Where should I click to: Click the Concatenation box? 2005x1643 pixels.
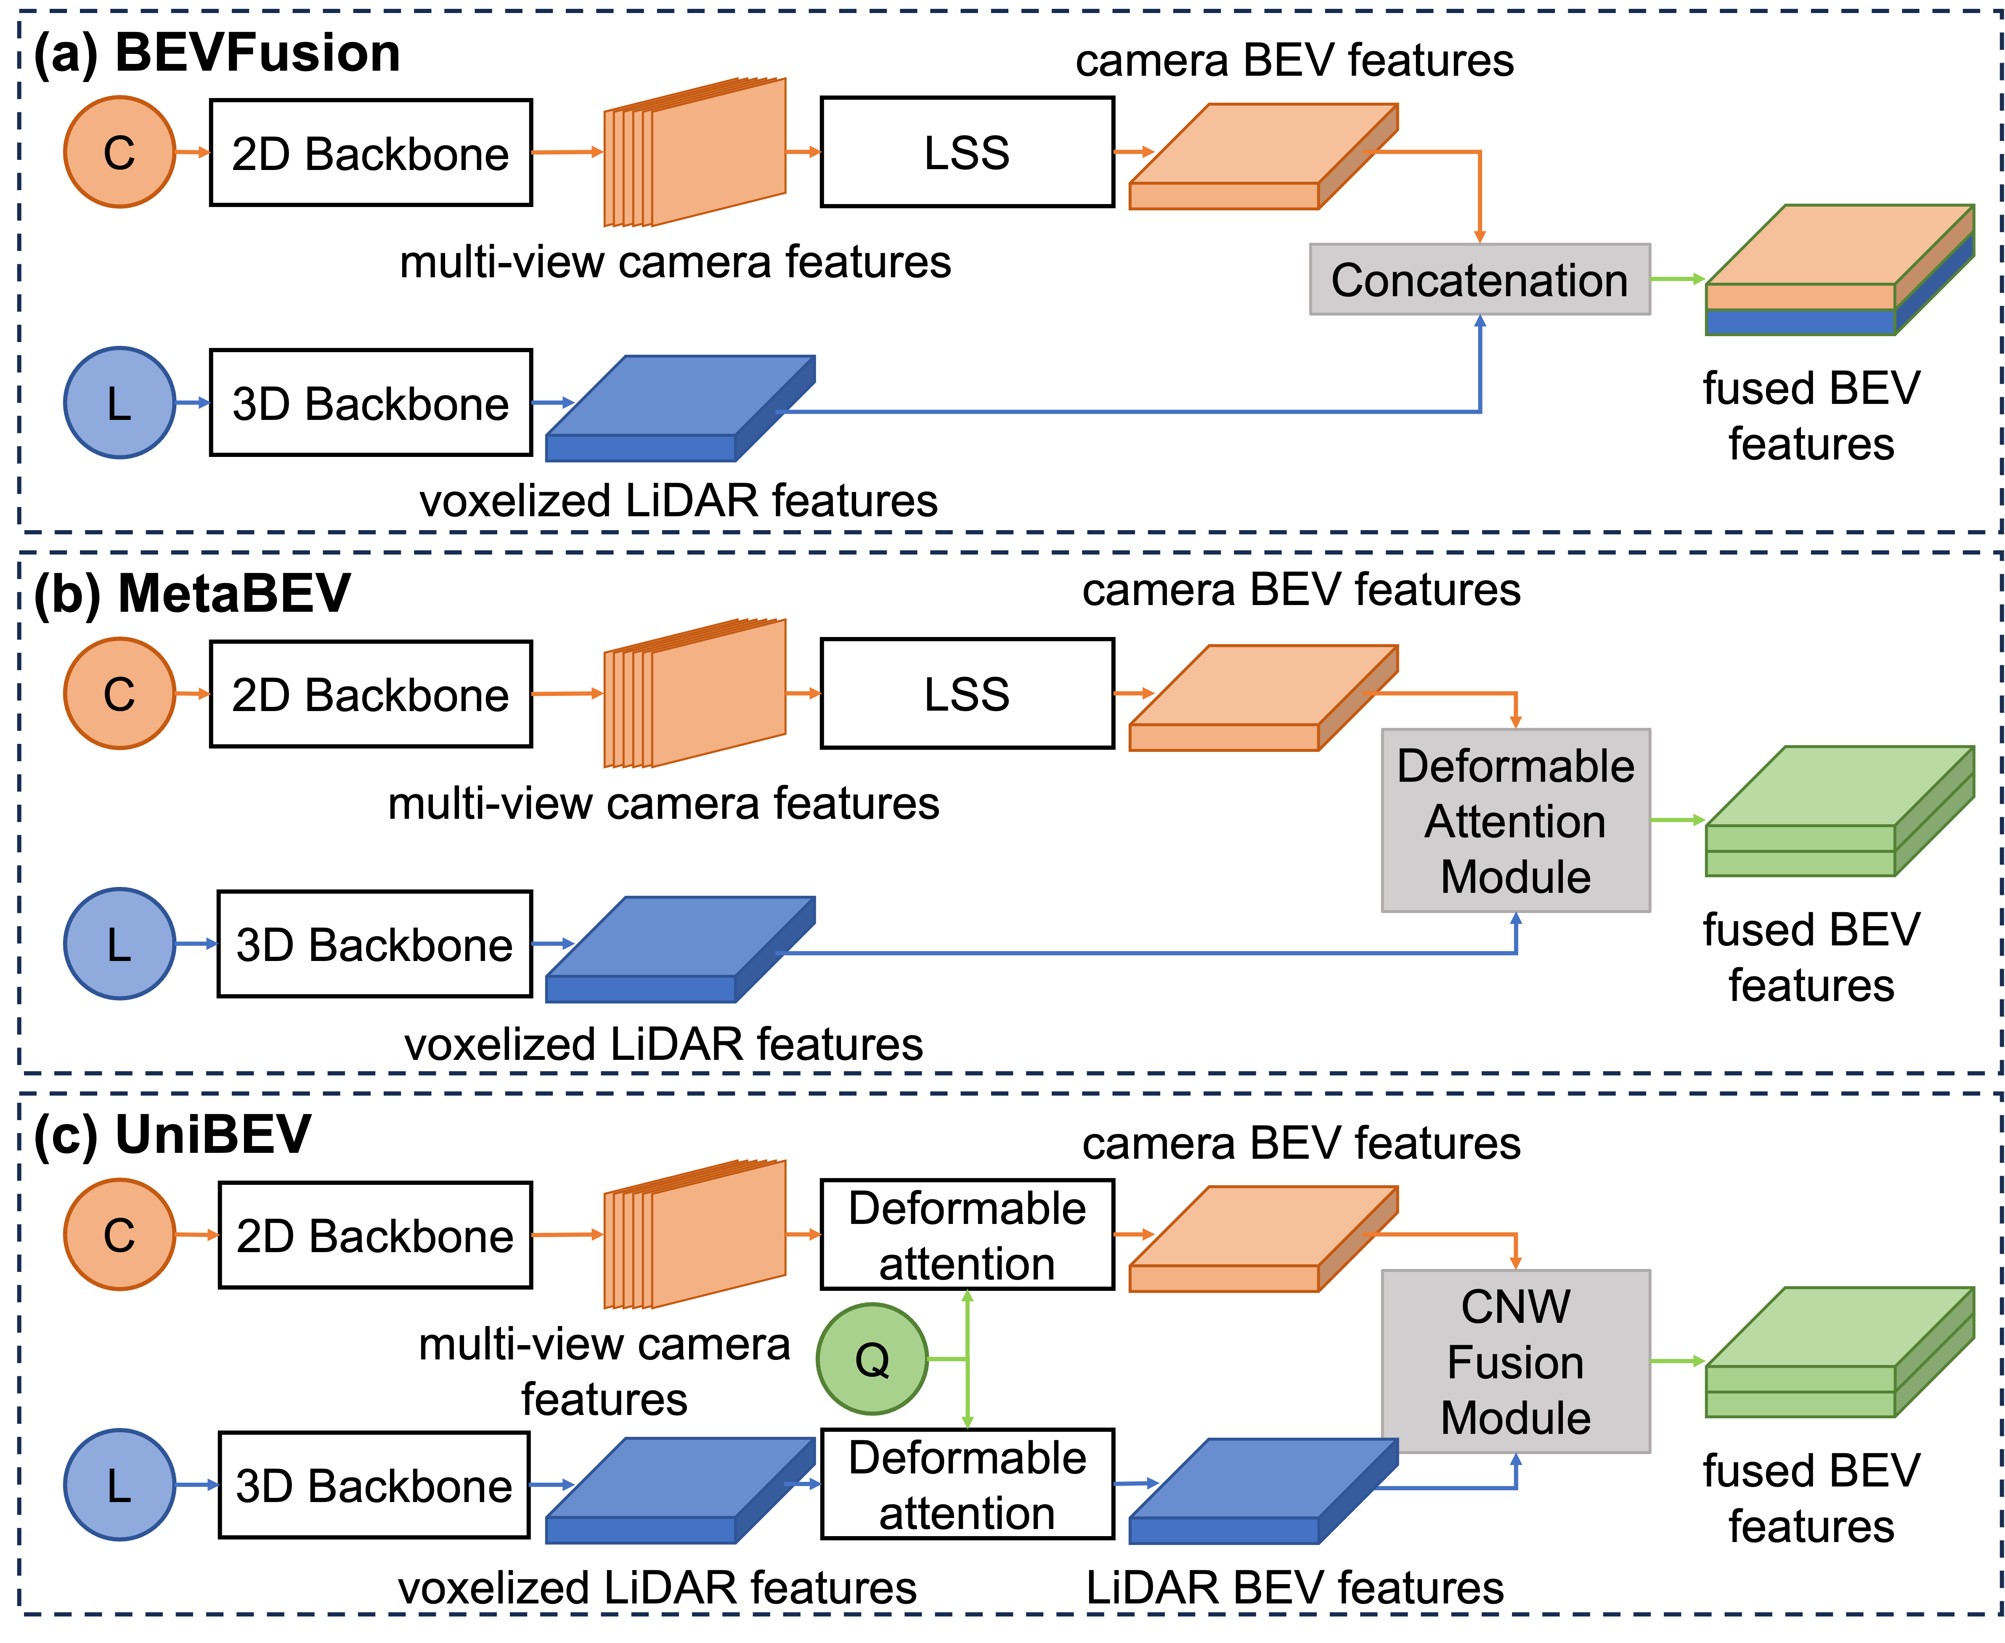pyautogui.click(x=1479, y=279)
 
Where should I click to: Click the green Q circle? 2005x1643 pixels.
pyautogui.click(x=871, y=1359)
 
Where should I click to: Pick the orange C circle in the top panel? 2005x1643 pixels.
pyautogui.click(x=119, y=151)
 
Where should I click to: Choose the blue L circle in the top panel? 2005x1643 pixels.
pyautogui.click(x=119, y=402)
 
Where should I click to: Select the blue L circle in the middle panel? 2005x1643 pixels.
pyautogui.click(x=119, y=944)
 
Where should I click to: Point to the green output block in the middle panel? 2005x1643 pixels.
pyautogui.click(x=1838, y=811)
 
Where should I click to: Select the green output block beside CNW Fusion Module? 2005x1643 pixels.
pyautogui.click(x=1838, y=1352)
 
